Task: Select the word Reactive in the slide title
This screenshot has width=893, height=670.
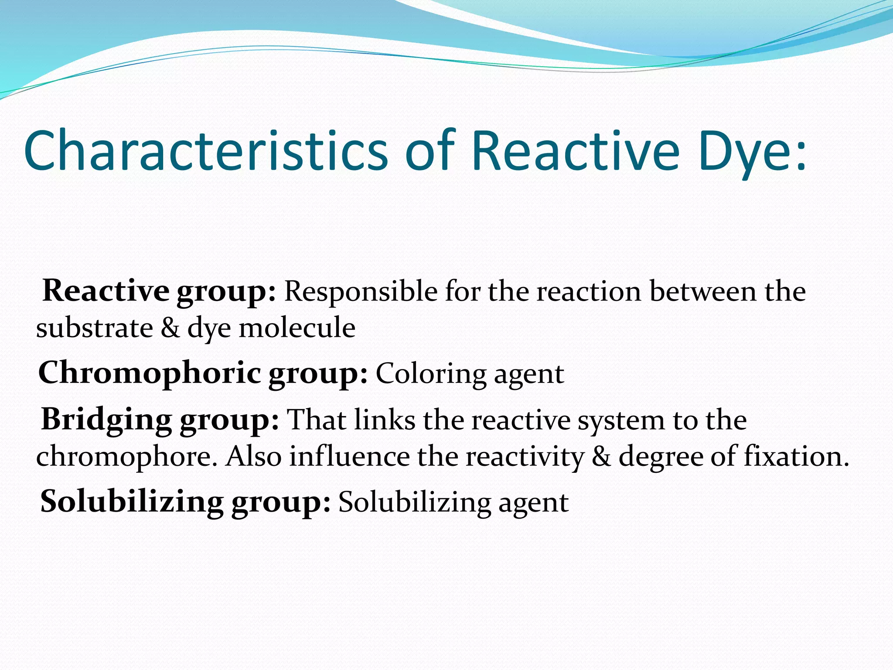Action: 576,150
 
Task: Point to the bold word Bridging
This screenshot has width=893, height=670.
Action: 106,420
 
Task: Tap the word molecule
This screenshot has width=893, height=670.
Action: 297,328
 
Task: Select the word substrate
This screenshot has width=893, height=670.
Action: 94,328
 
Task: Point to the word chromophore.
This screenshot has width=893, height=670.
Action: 126,457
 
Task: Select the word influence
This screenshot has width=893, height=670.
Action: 349,456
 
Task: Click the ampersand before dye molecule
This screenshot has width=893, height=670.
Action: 170,328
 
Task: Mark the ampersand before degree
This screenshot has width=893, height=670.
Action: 601,456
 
